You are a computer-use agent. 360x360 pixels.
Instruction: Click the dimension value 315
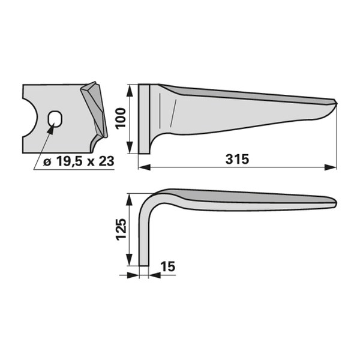(x=237, y=159)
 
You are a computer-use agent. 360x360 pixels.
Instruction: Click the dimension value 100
(x=121, y=118)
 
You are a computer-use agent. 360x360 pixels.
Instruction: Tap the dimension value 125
(x=121, y=229)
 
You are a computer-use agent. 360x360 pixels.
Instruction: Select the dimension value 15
(x=168, y=266)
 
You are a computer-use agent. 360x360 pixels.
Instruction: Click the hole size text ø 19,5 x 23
(x=79, y=161)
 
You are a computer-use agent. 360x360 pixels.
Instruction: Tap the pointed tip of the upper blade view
(x=337, y=103)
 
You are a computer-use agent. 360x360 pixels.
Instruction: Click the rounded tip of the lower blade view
(x=335, y=203)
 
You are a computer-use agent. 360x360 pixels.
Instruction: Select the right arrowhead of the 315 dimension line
(x=331, y=167)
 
